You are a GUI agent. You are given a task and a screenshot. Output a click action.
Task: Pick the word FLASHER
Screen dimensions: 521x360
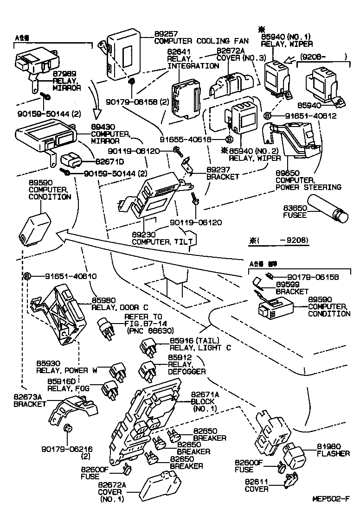(333, 453)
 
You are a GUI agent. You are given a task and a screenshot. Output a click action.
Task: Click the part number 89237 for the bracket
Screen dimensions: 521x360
(217, 170)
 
